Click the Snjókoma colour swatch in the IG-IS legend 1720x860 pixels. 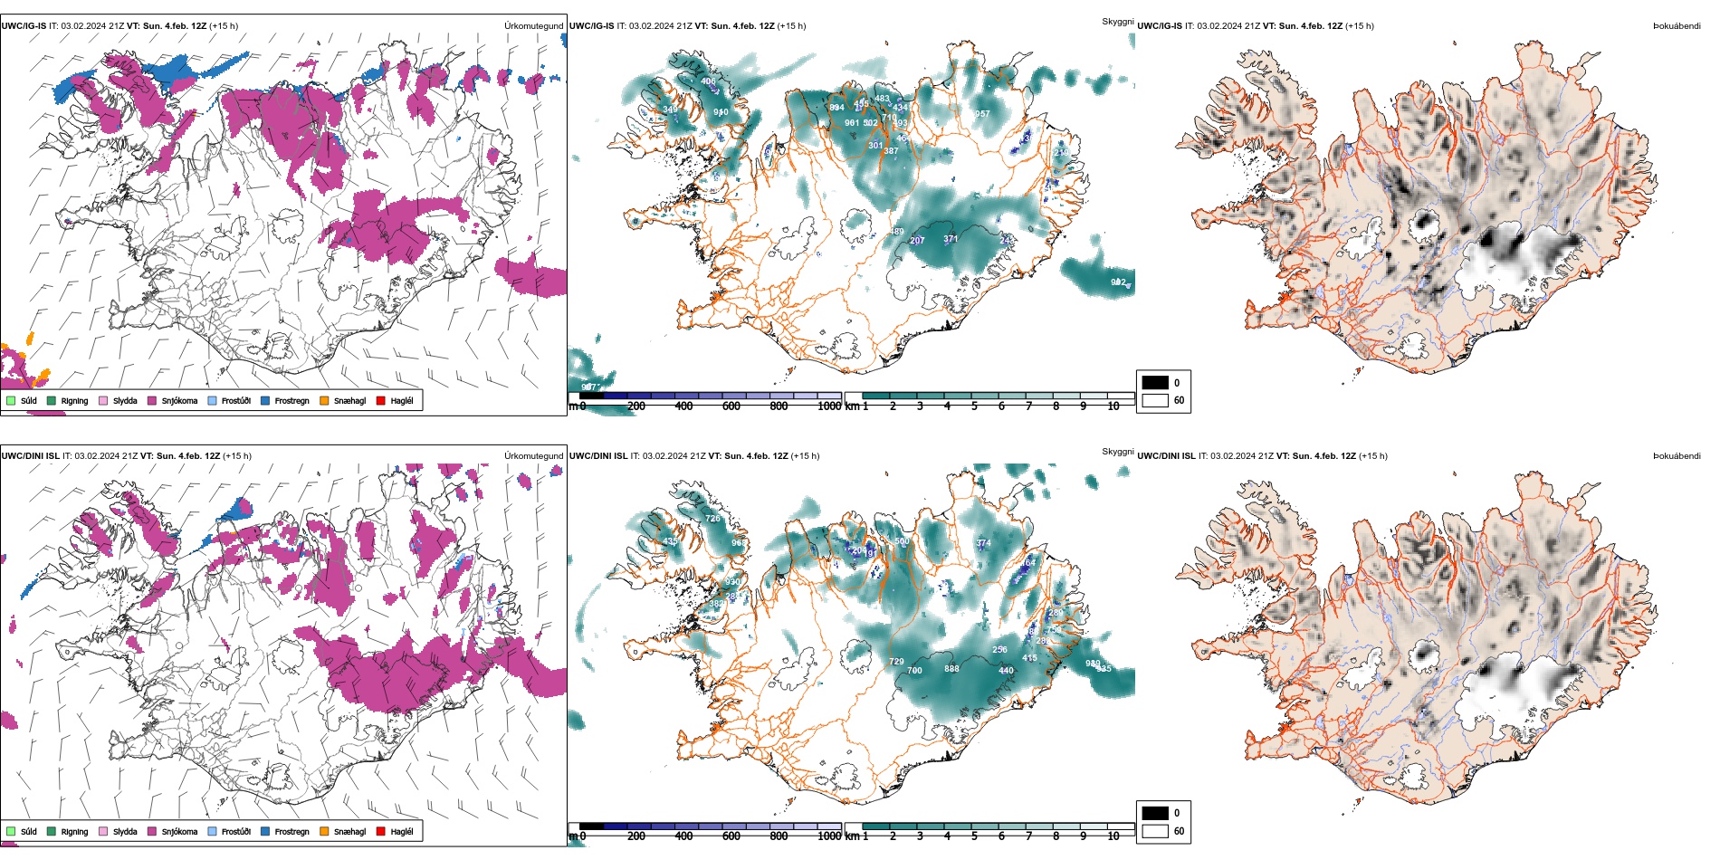click(x=152, y=400)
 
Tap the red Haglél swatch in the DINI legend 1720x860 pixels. click(x=381, y=831)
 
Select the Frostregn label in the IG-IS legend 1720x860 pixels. click(x=291, y=401)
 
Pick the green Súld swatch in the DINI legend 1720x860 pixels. click(x=11, y=831)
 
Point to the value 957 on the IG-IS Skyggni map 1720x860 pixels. click(x=982, y=114)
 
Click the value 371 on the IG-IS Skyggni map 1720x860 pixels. click(x=951, y=239)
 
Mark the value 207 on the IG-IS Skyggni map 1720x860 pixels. click(x=917, y=241)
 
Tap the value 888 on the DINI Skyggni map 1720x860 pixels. click(x=951, y=669)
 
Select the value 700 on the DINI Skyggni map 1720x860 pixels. click(x=914, y=671)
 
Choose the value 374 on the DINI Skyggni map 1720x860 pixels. click(x=983, y=543)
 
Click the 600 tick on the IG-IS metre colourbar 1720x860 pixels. click(x=731, y=406)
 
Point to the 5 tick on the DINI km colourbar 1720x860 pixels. click(x=974, y=836)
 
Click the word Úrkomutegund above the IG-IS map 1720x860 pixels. click(x=533, y=26)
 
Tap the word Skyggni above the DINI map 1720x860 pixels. click(x=1117, y=451)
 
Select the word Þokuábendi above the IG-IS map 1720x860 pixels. click(x=1677, y=26)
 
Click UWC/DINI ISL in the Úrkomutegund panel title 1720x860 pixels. click(x=30, y=456)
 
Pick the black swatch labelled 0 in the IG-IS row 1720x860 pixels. click(x=1155, y=382)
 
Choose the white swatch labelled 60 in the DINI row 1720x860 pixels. click(x=1155, y=830)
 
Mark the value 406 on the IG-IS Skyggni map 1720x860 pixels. click(x=708, y=81)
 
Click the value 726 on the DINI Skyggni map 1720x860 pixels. click(x=713, y=519)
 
